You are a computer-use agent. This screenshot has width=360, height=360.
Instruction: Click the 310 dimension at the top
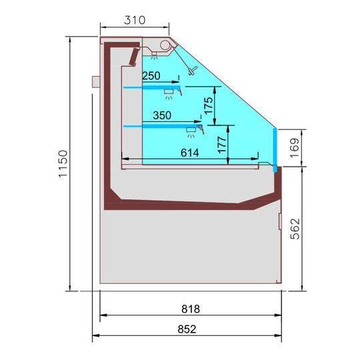[x=134, y=20]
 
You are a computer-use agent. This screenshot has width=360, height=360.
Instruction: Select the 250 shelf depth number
[x=152, y=76]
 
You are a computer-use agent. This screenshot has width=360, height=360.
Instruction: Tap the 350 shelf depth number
[x=162, y=115]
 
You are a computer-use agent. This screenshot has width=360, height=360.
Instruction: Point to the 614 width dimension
[x=190, y=153]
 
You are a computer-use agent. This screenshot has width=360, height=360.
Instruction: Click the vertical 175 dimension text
[x=209, y=106]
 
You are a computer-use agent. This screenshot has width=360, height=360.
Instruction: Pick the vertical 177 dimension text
[x=223, y=143]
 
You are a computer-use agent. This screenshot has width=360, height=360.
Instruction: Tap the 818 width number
[x=190, y=309]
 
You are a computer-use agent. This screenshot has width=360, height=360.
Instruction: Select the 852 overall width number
[x=190, y=328]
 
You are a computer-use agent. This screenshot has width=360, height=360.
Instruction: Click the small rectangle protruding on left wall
[x=96, y=81]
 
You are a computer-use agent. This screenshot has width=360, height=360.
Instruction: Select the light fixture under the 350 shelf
[x=191, y=129]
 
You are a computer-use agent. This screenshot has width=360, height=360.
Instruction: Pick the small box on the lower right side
[x=279, y=221]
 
